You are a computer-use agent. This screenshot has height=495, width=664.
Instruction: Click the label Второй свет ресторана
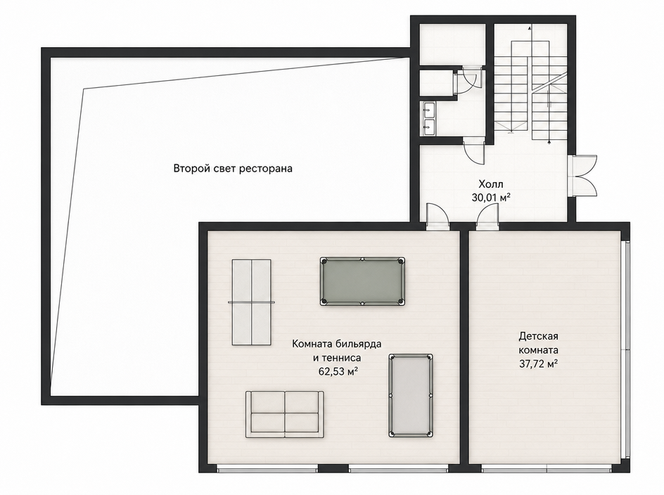tap(233, 169)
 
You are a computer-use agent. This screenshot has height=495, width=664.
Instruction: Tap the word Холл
tap(491, 184)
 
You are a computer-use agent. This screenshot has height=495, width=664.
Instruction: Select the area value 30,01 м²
tap(491, 197)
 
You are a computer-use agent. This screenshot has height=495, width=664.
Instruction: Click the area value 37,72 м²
tap(538, 364)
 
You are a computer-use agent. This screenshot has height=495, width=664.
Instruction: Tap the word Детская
tap(538, 337)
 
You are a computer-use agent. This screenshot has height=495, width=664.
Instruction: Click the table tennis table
tap(252, 302)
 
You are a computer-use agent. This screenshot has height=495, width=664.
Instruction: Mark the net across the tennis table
tap(252, 302)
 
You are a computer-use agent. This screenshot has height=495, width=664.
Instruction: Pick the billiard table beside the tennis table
tap(362, 281)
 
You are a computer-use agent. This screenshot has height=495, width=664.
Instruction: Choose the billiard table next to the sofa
tap(411, 396)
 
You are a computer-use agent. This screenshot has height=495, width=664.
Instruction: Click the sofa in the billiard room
tap(285, 414)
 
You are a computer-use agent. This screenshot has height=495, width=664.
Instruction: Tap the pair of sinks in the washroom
tap(428, 118)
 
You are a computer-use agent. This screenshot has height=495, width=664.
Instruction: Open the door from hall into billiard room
tap(438, 217)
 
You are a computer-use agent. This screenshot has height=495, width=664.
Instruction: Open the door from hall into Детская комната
tap(488, 217)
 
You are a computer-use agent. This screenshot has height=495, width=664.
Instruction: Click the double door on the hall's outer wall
tap(584, 174)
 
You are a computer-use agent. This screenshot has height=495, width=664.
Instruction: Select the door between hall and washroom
tap(474, 150)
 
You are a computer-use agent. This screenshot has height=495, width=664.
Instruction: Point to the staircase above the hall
tap(530, 86)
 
